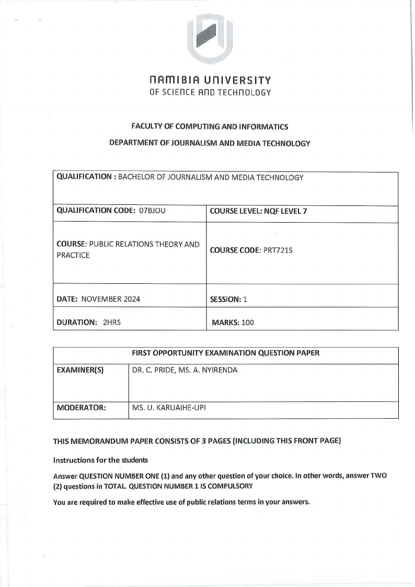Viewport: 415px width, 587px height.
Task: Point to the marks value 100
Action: point(247,323)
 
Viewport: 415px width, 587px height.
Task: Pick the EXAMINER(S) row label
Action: point(80,371)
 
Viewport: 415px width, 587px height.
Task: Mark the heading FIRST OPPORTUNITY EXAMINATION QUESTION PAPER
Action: point(226,353)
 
